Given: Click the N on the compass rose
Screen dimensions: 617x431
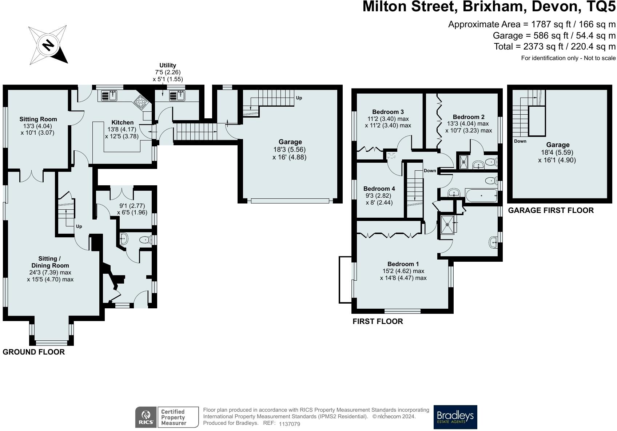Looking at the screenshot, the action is click(48, 45).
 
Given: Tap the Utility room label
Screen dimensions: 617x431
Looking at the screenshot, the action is click(168, 65).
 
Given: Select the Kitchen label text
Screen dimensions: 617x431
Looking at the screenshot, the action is click(123, 122).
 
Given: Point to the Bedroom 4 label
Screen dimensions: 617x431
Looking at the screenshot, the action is click(379, 189).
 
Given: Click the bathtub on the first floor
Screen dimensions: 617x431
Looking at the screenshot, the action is click(481, 195).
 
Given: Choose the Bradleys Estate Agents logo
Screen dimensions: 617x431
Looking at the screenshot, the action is click(455, 417).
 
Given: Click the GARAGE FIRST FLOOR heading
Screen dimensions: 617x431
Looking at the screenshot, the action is click(551, 210).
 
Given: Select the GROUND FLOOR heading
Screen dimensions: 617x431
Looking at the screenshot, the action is click(33, 352).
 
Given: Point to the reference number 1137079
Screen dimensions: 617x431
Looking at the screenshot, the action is click(290, 424).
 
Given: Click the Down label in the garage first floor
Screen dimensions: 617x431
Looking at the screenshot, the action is click(520, 141).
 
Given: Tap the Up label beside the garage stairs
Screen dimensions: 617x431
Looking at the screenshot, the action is click(299, 98).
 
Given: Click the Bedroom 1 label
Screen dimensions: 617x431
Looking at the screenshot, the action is click(403, 264).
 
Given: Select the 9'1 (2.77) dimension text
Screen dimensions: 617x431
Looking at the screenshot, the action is click(132, 206).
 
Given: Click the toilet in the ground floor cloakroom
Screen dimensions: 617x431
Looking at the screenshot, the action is click(146, 240).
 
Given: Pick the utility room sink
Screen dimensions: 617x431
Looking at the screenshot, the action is click(177, 96).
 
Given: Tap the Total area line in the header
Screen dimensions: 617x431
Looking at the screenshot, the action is click(554, 47).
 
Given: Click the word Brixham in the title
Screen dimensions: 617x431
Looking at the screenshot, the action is click(493, 7).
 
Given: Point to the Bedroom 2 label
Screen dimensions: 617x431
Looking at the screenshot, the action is click(469, 117).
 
